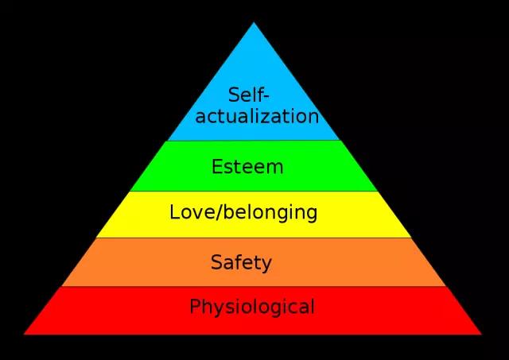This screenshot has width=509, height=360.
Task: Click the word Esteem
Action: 247,167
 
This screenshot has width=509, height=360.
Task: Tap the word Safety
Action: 241,262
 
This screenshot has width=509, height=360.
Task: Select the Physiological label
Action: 252,307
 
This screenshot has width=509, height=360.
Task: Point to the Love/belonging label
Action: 243,213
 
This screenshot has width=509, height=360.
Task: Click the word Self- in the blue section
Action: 249,95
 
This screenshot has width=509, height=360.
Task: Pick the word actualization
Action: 257,116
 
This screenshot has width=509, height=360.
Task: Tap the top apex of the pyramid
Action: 254,22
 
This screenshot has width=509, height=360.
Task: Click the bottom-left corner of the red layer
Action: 24,334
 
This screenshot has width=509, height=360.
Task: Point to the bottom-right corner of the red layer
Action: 482,334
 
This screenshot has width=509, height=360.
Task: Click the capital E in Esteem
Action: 217,167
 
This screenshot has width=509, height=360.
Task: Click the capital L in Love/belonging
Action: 175,212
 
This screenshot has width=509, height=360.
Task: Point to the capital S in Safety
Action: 216,262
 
